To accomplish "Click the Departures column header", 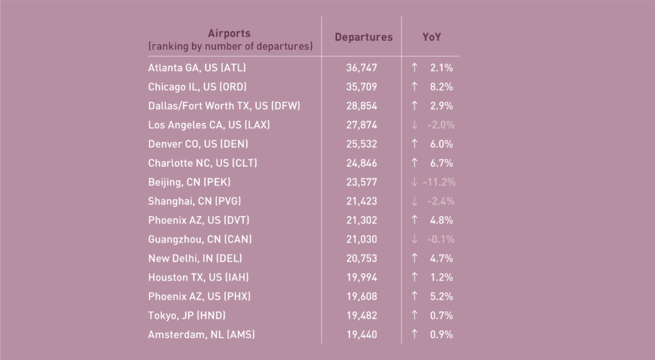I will [363, 37].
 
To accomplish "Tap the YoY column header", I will [432, 37].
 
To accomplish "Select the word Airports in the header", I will [229, 33].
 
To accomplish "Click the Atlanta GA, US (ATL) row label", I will [197, 68].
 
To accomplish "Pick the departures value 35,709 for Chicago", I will [361, 87].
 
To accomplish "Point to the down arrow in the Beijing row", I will [414, 182].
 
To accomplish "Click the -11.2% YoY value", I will [439, 182].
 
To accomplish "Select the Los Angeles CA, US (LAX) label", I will [209, 125].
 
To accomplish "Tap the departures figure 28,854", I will [361, 106].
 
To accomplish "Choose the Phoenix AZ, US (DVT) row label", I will [198, 220].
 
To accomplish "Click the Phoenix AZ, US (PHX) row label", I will [199, 296].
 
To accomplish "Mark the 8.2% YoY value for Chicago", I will [441, 87].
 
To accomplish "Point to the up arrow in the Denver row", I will [414, 144].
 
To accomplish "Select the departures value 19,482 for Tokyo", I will [361, 315].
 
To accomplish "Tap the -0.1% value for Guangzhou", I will [441, 239].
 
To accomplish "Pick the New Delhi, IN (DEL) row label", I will [195, 258].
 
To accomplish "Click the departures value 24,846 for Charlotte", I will [361, 163].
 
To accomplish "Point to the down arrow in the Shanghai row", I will [414, 201].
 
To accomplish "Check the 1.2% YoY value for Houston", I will [441, 277].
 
